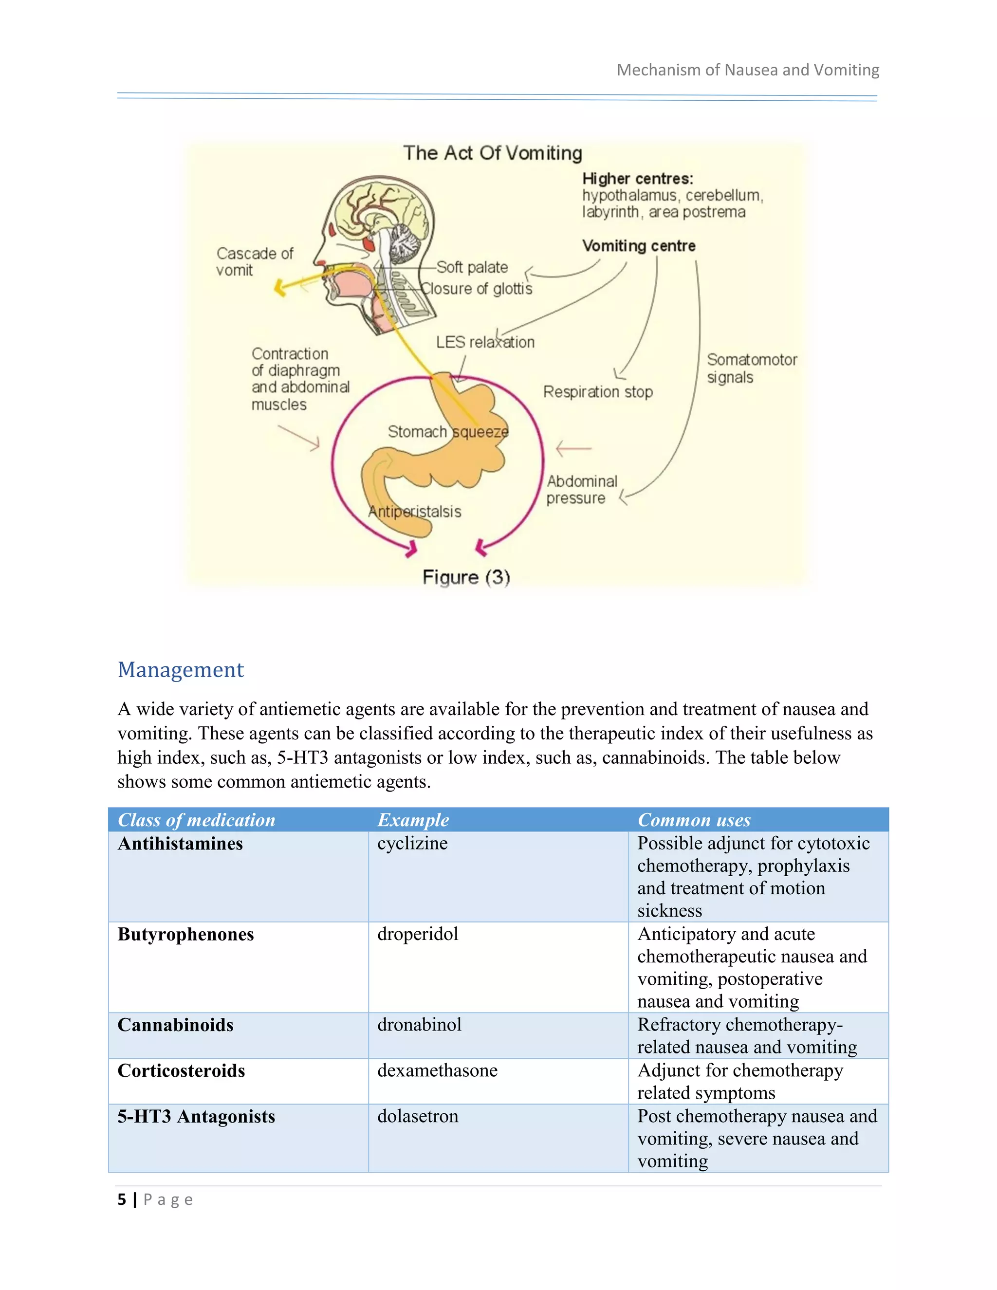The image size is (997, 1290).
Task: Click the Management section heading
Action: click(x=180, y=670)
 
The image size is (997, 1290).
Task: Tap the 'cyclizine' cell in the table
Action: click(x=412, y=844)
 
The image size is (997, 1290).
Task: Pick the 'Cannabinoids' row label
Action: click(x=175, y=1025)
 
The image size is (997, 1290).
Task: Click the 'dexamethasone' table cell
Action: click(x=437, y=1070)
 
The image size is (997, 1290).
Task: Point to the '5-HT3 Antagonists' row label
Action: click(x=196, y=1116)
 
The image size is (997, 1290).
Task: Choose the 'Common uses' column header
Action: click(x=694, y=820)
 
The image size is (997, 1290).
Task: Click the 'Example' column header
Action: click(x=413, y=820)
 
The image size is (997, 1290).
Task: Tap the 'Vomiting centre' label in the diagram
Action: click(x=639, y=246)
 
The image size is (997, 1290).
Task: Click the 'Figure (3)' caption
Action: click(x=466, y=577)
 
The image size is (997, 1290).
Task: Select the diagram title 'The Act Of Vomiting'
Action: click(x=493, y=153)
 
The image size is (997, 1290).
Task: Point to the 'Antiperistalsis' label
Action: click(x=415, y=512)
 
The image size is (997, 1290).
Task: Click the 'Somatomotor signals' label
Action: click(x=751, y=368)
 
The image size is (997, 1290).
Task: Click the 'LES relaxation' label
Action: click(x=485, y=342)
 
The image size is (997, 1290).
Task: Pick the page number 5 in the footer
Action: click(x=122, y=1199)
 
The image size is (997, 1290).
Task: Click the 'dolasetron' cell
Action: click(x=418, y=1116)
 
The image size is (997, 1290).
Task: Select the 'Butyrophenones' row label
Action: click(x=185, y=935)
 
